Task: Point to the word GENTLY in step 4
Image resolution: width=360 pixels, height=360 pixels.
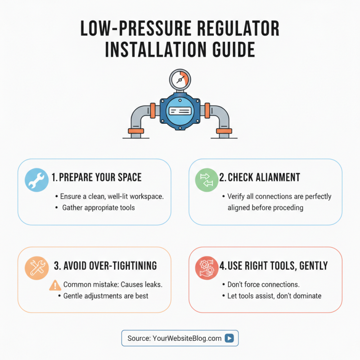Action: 312,265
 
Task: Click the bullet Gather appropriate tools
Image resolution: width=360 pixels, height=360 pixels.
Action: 98,208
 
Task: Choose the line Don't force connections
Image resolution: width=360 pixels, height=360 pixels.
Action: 263,285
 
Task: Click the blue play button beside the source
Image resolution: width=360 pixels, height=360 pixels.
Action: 229,338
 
